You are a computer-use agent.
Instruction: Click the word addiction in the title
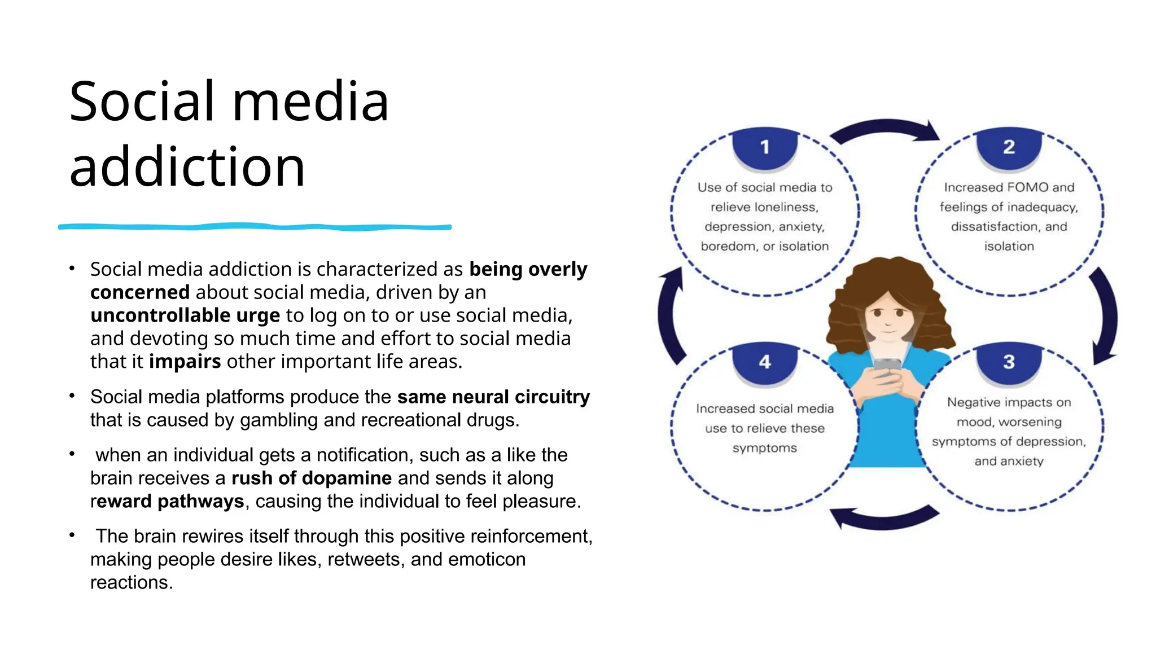coord(187,167)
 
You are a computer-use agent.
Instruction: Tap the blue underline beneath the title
coord(254,227)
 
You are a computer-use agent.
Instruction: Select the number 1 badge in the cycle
coord(764,148)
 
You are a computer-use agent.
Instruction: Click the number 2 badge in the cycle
coord(1009,148)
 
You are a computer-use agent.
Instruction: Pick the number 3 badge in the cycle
coord(1009,362)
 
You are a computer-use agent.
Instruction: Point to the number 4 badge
coord(764,362)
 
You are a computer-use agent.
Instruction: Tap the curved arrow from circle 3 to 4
coord(884,517)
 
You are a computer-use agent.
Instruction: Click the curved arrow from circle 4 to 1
coord(669,316)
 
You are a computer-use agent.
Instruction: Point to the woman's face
coord(888,319)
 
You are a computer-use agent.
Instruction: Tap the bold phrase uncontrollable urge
coord(185,315)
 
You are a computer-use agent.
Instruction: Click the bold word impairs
coord(185,362)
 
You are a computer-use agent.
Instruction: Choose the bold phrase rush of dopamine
coord(312,478)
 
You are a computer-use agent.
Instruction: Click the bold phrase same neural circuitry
coord(493,397)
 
